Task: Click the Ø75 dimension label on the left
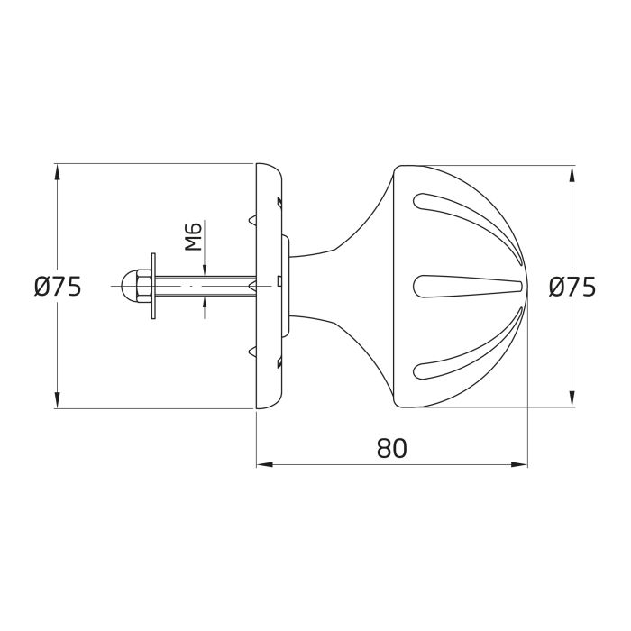tap(58, 287)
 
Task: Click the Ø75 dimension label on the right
tap(572, 287)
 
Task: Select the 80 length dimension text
tap(391, 448)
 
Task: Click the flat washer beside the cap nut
tap(155, 287)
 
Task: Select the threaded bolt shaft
tap(207, 287)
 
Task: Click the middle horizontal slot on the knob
tap(469, 287)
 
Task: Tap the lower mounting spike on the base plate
tap(251, 352)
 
